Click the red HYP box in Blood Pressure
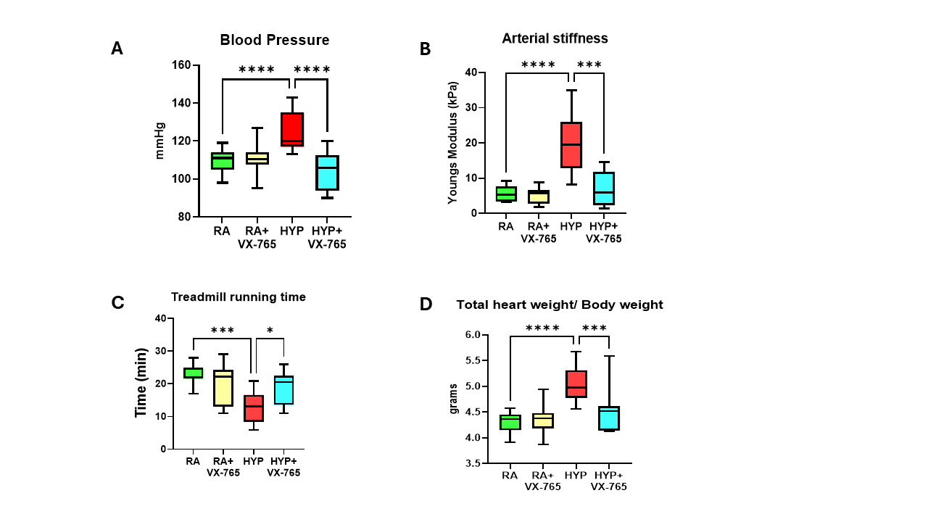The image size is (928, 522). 292,130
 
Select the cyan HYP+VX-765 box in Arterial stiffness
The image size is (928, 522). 603,188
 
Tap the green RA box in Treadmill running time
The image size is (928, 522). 193,373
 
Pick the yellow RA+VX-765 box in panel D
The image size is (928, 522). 542,420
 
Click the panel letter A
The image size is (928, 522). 117,49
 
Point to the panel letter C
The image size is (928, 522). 117,303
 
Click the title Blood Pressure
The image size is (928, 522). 275,40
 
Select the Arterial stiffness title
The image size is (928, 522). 555,38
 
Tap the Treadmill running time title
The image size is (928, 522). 239,297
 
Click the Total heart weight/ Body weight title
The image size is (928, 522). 560,305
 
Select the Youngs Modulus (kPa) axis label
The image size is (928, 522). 453,142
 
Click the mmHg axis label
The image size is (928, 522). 161,141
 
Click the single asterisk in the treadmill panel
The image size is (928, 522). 270,331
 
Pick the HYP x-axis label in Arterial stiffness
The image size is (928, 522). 571,226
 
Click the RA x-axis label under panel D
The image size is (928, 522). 509,475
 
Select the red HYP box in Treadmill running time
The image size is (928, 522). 253,408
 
